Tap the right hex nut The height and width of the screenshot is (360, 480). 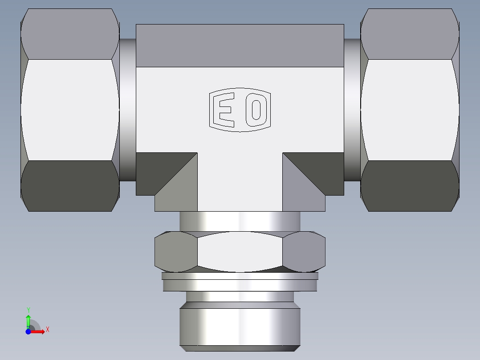click(410, 110)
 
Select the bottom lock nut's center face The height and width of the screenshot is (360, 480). click(240, 252)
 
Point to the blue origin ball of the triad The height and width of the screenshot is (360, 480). click(28, 331)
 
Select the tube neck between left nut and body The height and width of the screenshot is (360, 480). click(127, 110)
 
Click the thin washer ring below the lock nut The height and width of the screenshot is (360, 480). click(240, 282)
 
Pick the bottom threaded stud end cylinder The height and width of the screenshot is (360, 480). click(240, 325)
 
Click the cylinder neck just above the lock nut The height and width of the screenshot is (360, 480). click(240, 221)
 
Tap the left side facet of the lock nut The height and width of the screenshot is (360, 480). click(175, 252)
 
